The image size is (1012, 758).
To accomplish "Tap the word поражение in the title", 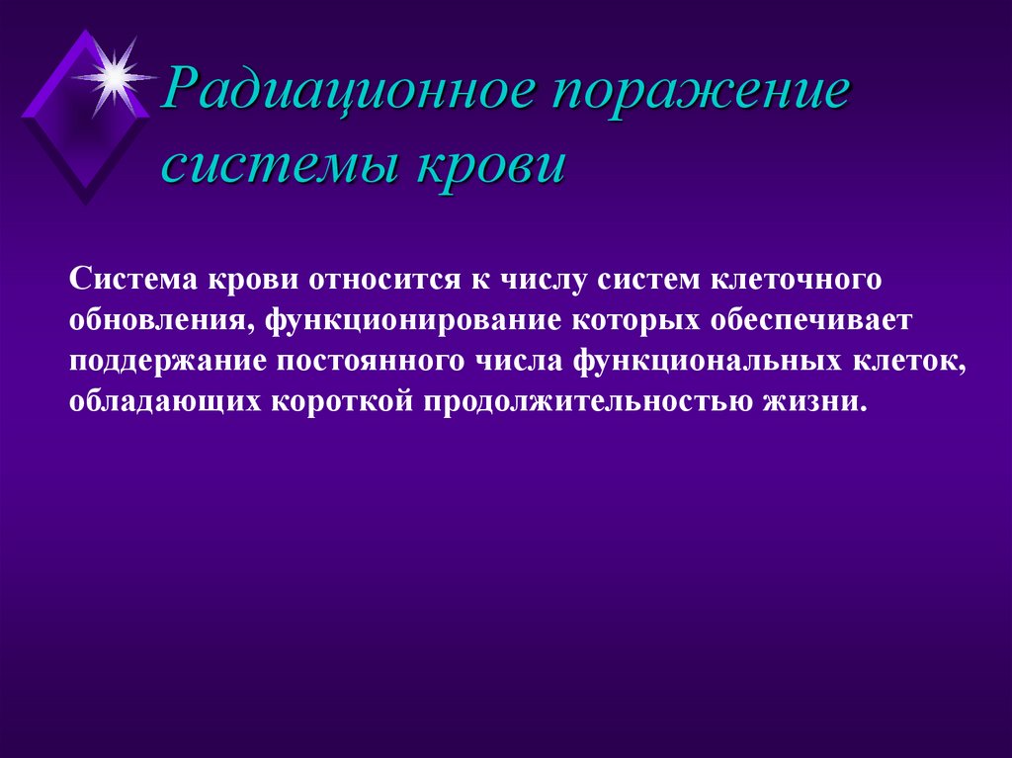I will coord(701,95).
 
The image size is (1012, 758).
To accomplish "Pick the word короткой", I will coord(330,403).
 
